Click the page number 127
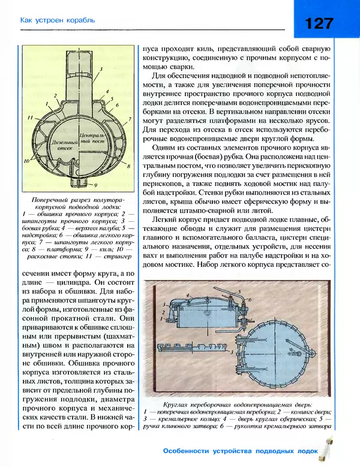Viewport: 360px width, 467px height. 319,23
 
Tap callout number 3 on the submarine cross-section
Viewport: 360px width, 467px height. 101,70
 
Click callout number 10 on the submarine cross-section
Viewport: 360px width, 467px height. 28,161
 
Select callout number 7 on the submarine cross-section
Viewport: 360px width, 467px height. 130,119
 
